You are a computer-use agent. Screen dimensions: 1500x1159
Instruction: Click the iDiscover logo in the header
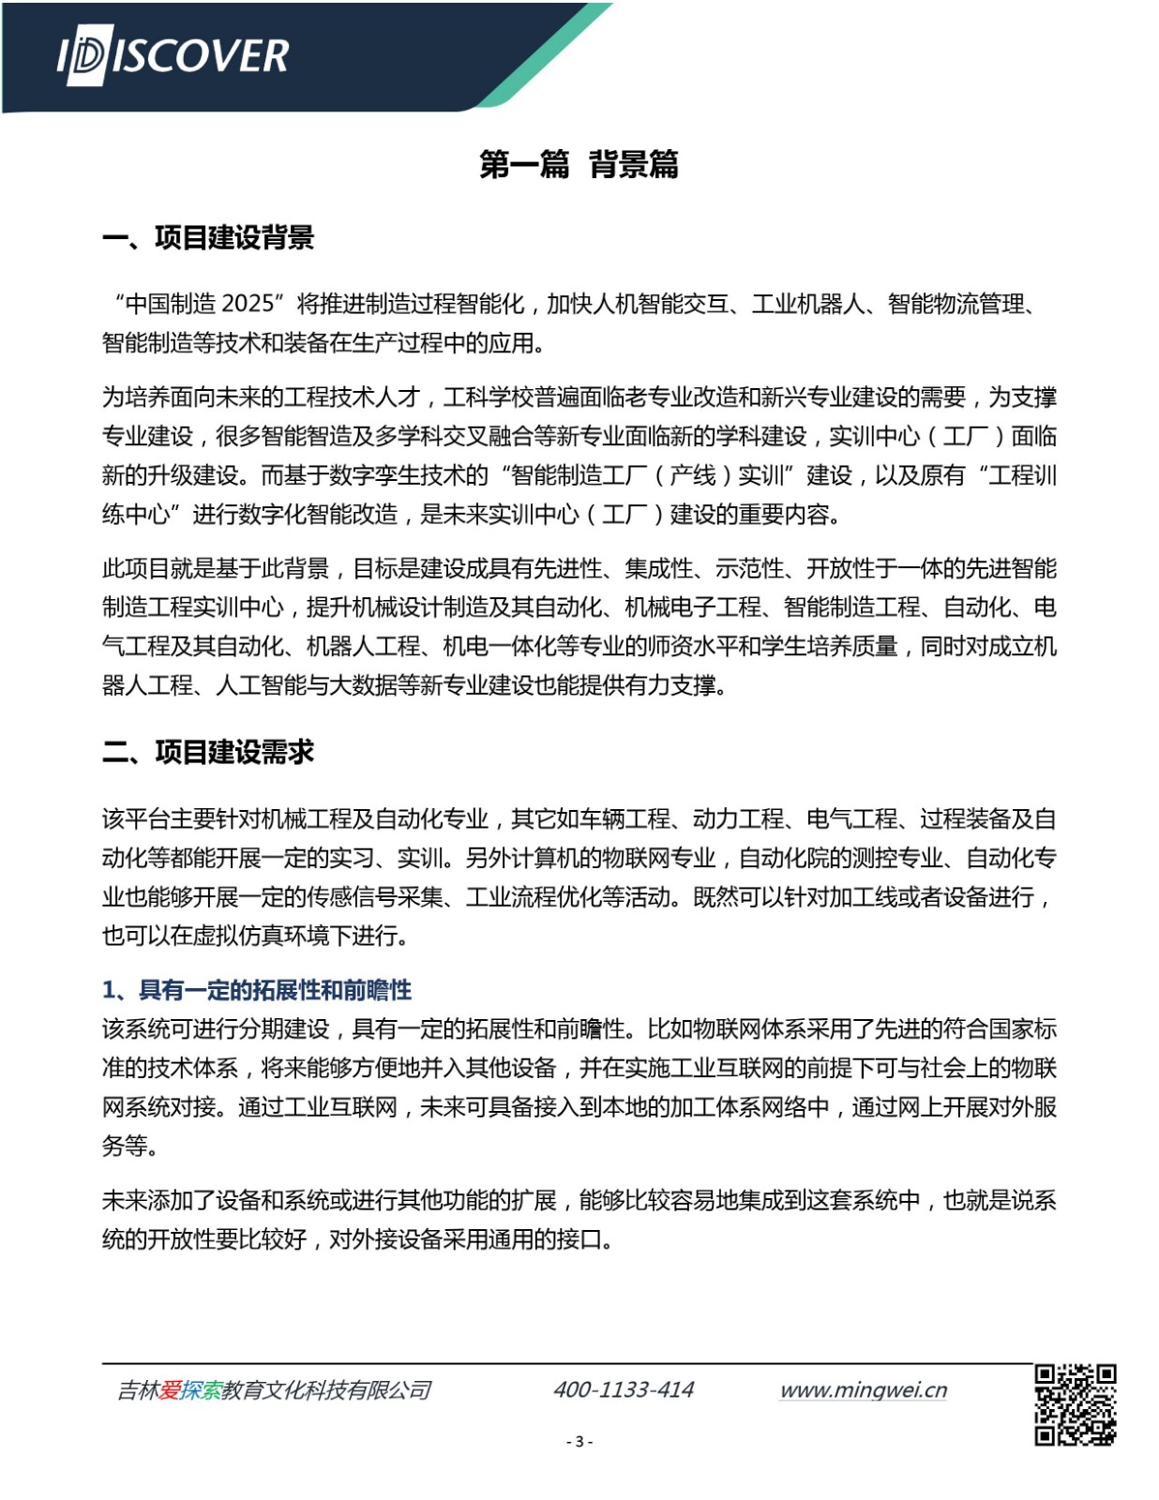[173, 57]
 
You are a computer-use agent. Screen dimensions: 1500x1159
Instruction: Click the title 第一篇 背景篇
[579, 164]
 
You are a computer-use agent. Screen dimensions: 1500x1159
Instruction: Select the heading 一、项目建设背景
[208, 238]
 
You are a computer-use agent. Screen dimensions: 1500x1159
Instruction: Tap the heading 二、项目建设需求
[208, 752]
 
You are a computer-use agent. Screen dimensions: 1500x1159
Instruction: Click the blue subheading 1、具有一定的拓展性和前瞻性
[257, 990]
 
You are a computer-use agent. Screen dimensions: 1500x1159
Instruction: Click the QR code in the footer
[1075, 1404]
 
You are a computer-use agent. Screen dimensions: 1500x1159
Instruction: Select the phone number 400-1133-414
[624, 1389]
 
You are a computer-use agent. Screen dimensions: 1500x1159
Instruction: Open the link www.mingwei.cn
[863, 1389]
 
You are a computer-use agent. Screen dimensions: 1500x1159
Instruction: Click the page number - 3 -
[579, 1442]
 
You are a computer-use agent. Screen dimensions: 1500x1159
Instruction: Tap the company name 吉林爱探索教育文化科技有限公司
[274, 1390]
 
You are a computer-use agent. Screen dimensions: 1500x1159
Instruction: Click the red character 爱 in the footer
[170, 1390]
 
